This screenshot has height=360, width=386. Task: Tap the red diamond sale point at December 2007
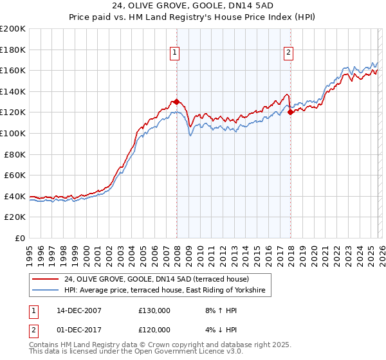(176, 102)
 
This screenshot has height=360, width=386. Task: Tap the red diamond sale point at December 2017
(290, 112)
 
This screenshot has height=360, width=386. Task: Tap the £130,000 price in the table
(154, 310)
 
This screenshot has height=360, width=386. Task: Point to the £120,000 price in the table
(154, 330)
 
